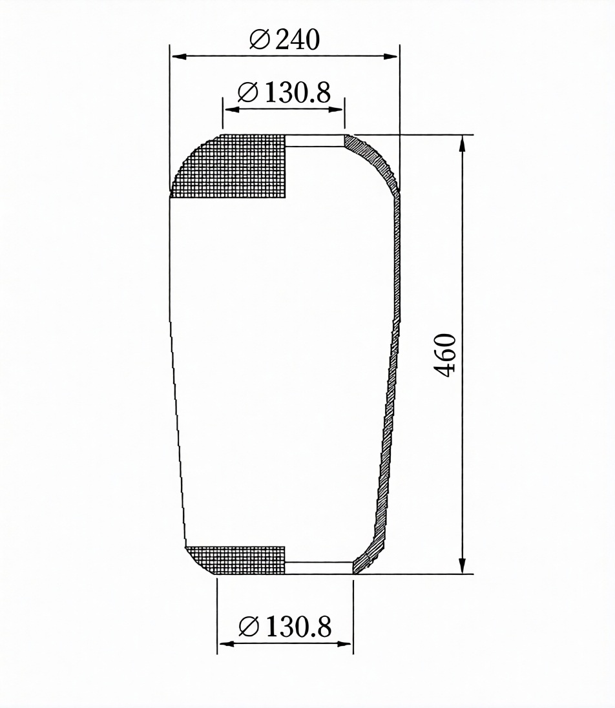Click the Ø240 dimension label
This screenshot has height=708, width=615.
coord(284,39)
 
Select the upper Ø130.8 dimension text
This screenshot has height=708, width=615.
coord(284,92)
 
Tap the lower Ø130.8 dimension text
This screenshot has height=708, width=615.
coord(285,627)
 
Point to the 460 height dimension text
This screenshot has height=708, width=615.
coord(445,355)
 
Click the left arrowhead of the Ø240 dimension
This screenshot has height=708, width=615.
coord(179,57)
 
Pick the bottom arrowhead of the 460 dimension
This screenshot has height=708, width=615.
coord(462,565)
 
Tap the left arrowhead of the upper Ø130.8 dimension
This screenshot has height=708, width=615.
coord(231,109)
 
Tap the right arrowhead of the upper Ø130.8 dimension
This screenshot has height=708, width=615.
coord(336,109)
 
